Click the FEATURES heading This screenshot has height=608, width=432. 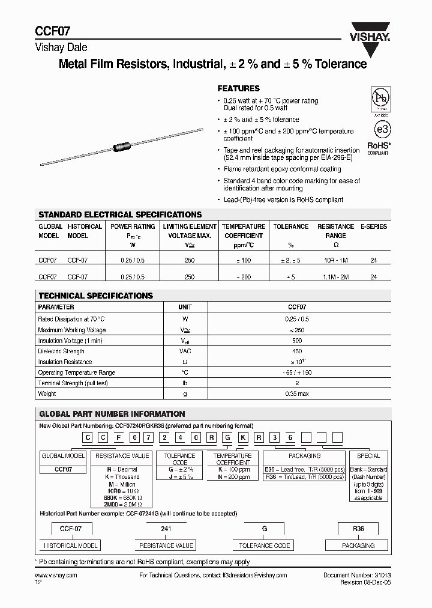(238, 88)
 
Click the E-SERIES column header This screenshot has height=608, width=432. (373, 226)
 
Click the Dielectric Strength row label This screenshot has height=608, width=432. (61, 351)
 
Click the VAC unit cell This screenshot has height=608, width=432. (185, 351)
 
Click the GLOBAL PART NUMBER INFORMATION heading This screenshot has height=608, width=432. (112, 414)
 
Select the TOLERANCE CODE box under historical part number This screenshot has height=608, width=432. (265, 546)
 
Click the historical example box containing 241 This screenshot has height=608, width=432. (166, 529)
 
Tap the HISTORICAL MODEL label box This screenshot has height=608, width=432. (70, 546)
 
